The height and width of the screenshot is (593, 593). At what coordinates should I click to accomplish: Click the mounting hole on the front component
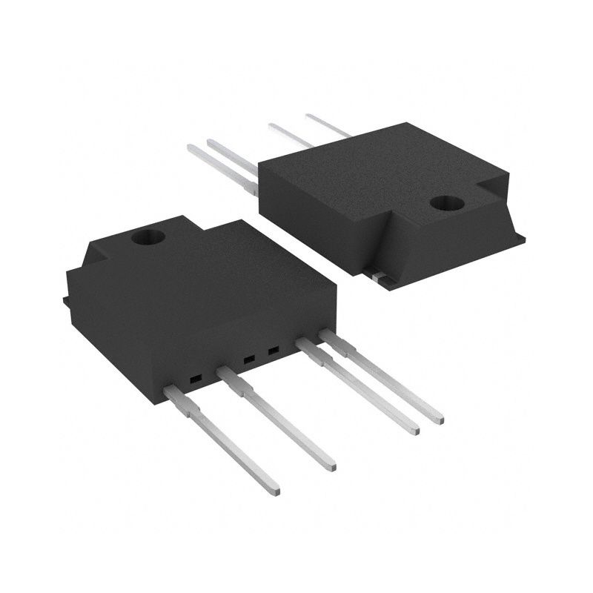tap(148, 238)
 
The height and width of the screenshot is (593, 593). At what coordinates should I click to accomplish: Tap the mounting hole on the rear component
tap(446, 202)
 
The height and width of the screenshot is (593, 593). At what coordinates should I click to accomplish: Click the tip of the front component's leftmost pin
tap(274, 489)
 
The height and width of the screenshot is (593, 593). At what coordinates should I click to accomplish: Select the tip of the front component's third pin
tap(414, 428)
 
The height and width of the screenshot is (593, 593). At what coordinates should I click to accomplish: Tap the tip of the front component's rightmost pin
tap(438, 419)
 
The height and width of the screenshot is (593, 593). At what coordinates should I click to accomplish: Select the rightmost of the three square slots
tap(274, 349)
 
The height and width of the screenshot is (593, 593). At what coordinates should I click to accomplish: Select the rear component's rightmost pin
tap(326, 125)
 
